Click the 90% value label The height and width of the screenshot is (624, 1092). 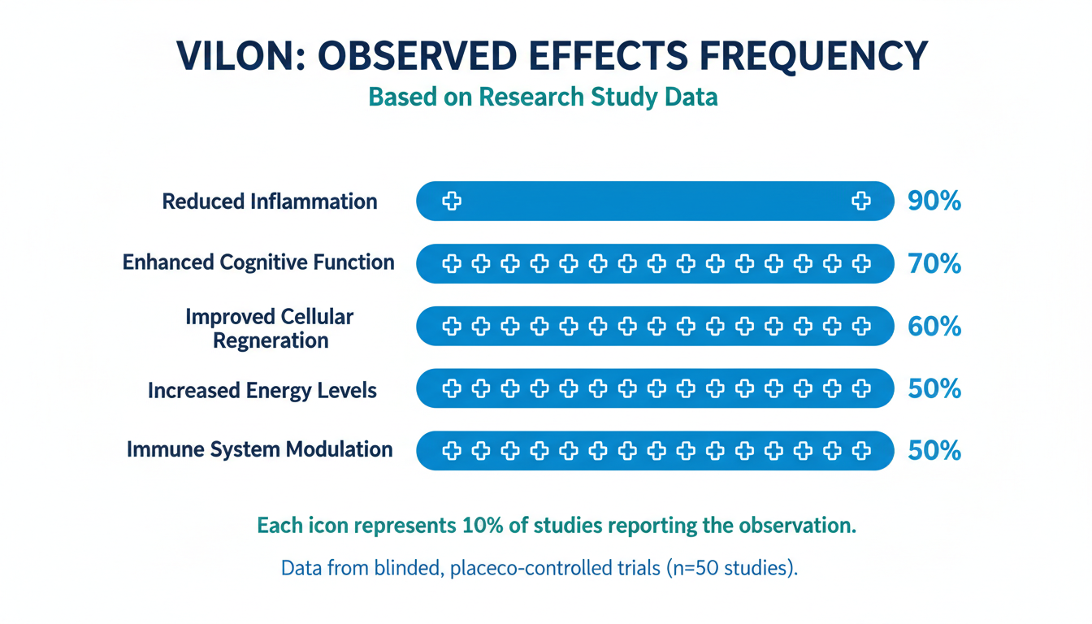click(x=934, y=201)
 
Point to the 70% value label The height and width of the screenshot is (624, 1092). click(x=934, y=264)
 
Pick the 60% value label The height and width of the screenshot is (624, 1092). click(x=934, y=327)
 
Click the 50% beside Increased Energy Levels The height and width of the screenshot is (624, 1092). click(x=934, y=389)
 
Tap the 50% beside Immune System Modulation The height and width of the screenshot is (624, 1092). click(x=934, y=451)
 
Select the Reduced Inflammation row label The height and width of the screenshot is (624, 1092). click(x=270, y=201)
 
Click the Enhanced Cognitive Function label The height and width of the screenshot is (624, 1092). click(x=258, y=262)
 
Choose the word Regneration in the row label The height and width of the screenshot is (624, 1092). click(x=271, y=340)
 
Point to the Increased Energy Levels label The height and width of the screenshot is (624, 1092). click(x=262, y=390)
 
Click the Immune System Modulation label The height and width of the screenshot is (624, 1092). click(x=259, y=449)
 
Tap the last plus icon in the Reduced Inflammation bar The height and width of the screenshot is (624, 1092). click(x=860, y=201)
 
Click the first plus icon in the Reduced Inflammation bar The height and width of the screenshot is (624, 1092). click(x=452, y=201)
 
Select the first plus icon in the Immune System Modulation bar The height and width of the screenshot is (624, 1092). click(x=452, y=451)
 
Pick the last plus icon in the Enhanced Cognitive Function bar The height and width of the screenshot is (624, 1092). click(x=860, y=264)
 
